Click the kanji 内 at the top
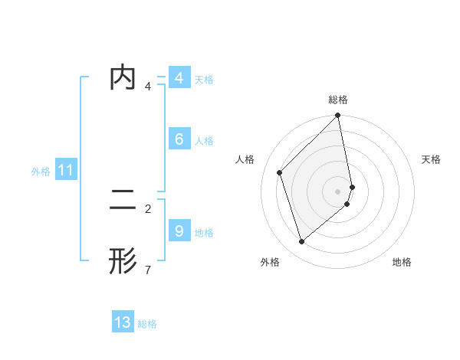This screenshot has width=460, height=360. tap(123, 77)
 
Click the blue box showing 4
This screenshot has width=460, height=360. tap(179, 78)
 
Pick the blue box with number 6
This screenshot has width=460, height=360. tap(179, 139)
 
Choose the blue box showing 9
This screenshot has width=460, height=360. tap(179, 231)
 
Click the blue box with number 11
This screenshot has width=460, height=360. tap(65, 171)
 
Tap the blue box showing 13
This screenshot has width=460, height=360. tap(123, 322)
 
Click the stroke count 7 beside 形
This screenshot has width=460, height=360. tap(148, 270)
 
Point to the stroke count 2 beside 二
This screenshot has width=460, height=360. tap(148, 208)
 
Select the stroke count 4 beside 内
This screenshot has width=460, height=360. tap(148, 86)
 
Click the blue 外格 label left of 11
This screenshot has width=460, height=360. tap(41, 172)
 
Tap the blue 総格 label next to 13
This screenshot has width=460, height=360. tap(147, 324)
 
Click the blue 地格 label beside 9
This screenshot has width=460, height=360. tap(204, 233)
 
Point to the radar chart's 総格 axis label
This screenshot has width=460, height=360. tap(338, 100)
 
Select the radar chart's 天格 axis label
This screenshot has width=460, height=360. tap(431, 159)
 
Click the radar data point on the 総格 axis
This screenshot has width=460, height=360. tap(338, 116)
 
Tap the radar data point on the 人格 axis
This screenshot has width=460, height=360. tap(280, 172)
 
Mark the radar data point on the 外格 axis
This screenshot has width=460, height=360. tap(302, 241)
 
